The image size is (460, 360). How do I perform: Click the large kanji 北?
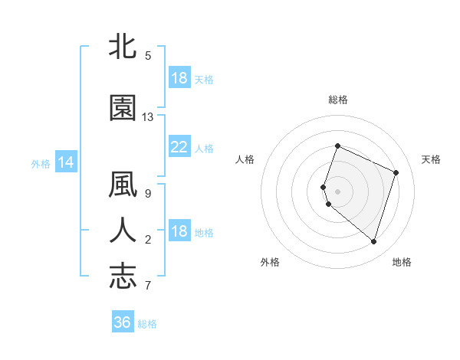[x=123, y=47]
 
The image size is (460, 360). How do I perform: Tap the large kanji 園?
[x=123, y=108]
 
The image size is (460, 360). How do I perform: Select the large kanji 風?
[x=123, y=186]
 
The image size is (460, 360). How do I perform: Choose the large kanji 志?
[x=123, y=276]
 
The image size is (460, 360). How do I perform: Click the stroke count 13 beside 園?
[x=148, y=117]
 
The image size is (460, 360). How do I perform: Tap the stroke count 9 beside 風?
[x=147, y=195]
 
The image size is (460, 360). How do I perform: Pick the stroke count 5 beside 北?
[x=147, y=56]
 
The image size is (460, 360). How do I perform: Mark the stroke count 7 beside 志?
[x=147, y=286]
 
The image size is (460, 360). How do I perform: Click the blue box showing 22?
[x=179, y=147]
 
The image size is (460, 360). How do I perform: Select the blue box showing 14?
[x=65, y=162]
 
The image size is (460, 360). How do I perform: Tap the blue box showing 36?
[x=122, y=322]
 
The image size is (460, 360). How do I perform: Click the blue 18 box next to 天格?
[x=179, y=78]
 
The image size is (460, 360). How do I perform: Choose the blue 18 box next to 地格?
[x=179, y=232]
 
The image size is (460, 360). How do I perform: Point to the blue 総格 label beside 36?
[x=147, y=324]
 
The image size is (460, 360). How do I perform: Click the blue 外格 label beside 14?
[x=41, y=163]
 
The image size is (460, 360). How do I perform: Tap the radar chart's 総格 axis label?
[x=337, y=100]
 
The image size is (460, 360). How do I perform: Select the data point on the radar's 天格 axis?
[x=396, y=172]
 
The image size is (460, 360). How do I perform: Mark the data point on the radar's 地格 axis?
[x=373, y=241]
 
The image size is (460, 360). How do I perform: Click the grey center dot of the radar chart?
[x=337, y=191]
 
